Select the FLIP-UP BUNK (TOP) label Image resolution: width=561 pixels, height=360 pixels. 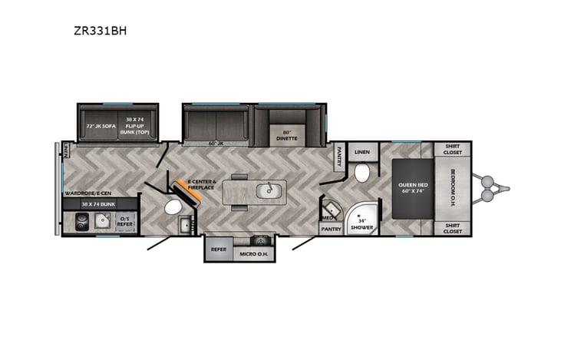[137, 125]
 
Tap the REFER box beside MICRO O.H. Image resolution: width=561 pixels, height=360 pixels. [217, 249]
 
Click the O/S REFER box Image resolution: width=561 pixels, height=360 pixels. [126, 223]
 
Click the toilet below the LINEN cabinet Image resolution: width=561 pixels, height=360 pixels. [362, 173]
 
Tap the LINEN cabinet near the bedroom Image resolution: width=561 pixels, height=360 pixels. [362, 152]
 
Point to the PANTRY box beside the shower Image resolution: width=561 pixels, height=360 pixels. [331, 228]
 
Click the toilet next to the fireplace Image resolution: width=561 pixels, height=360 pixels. [172, 207]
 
